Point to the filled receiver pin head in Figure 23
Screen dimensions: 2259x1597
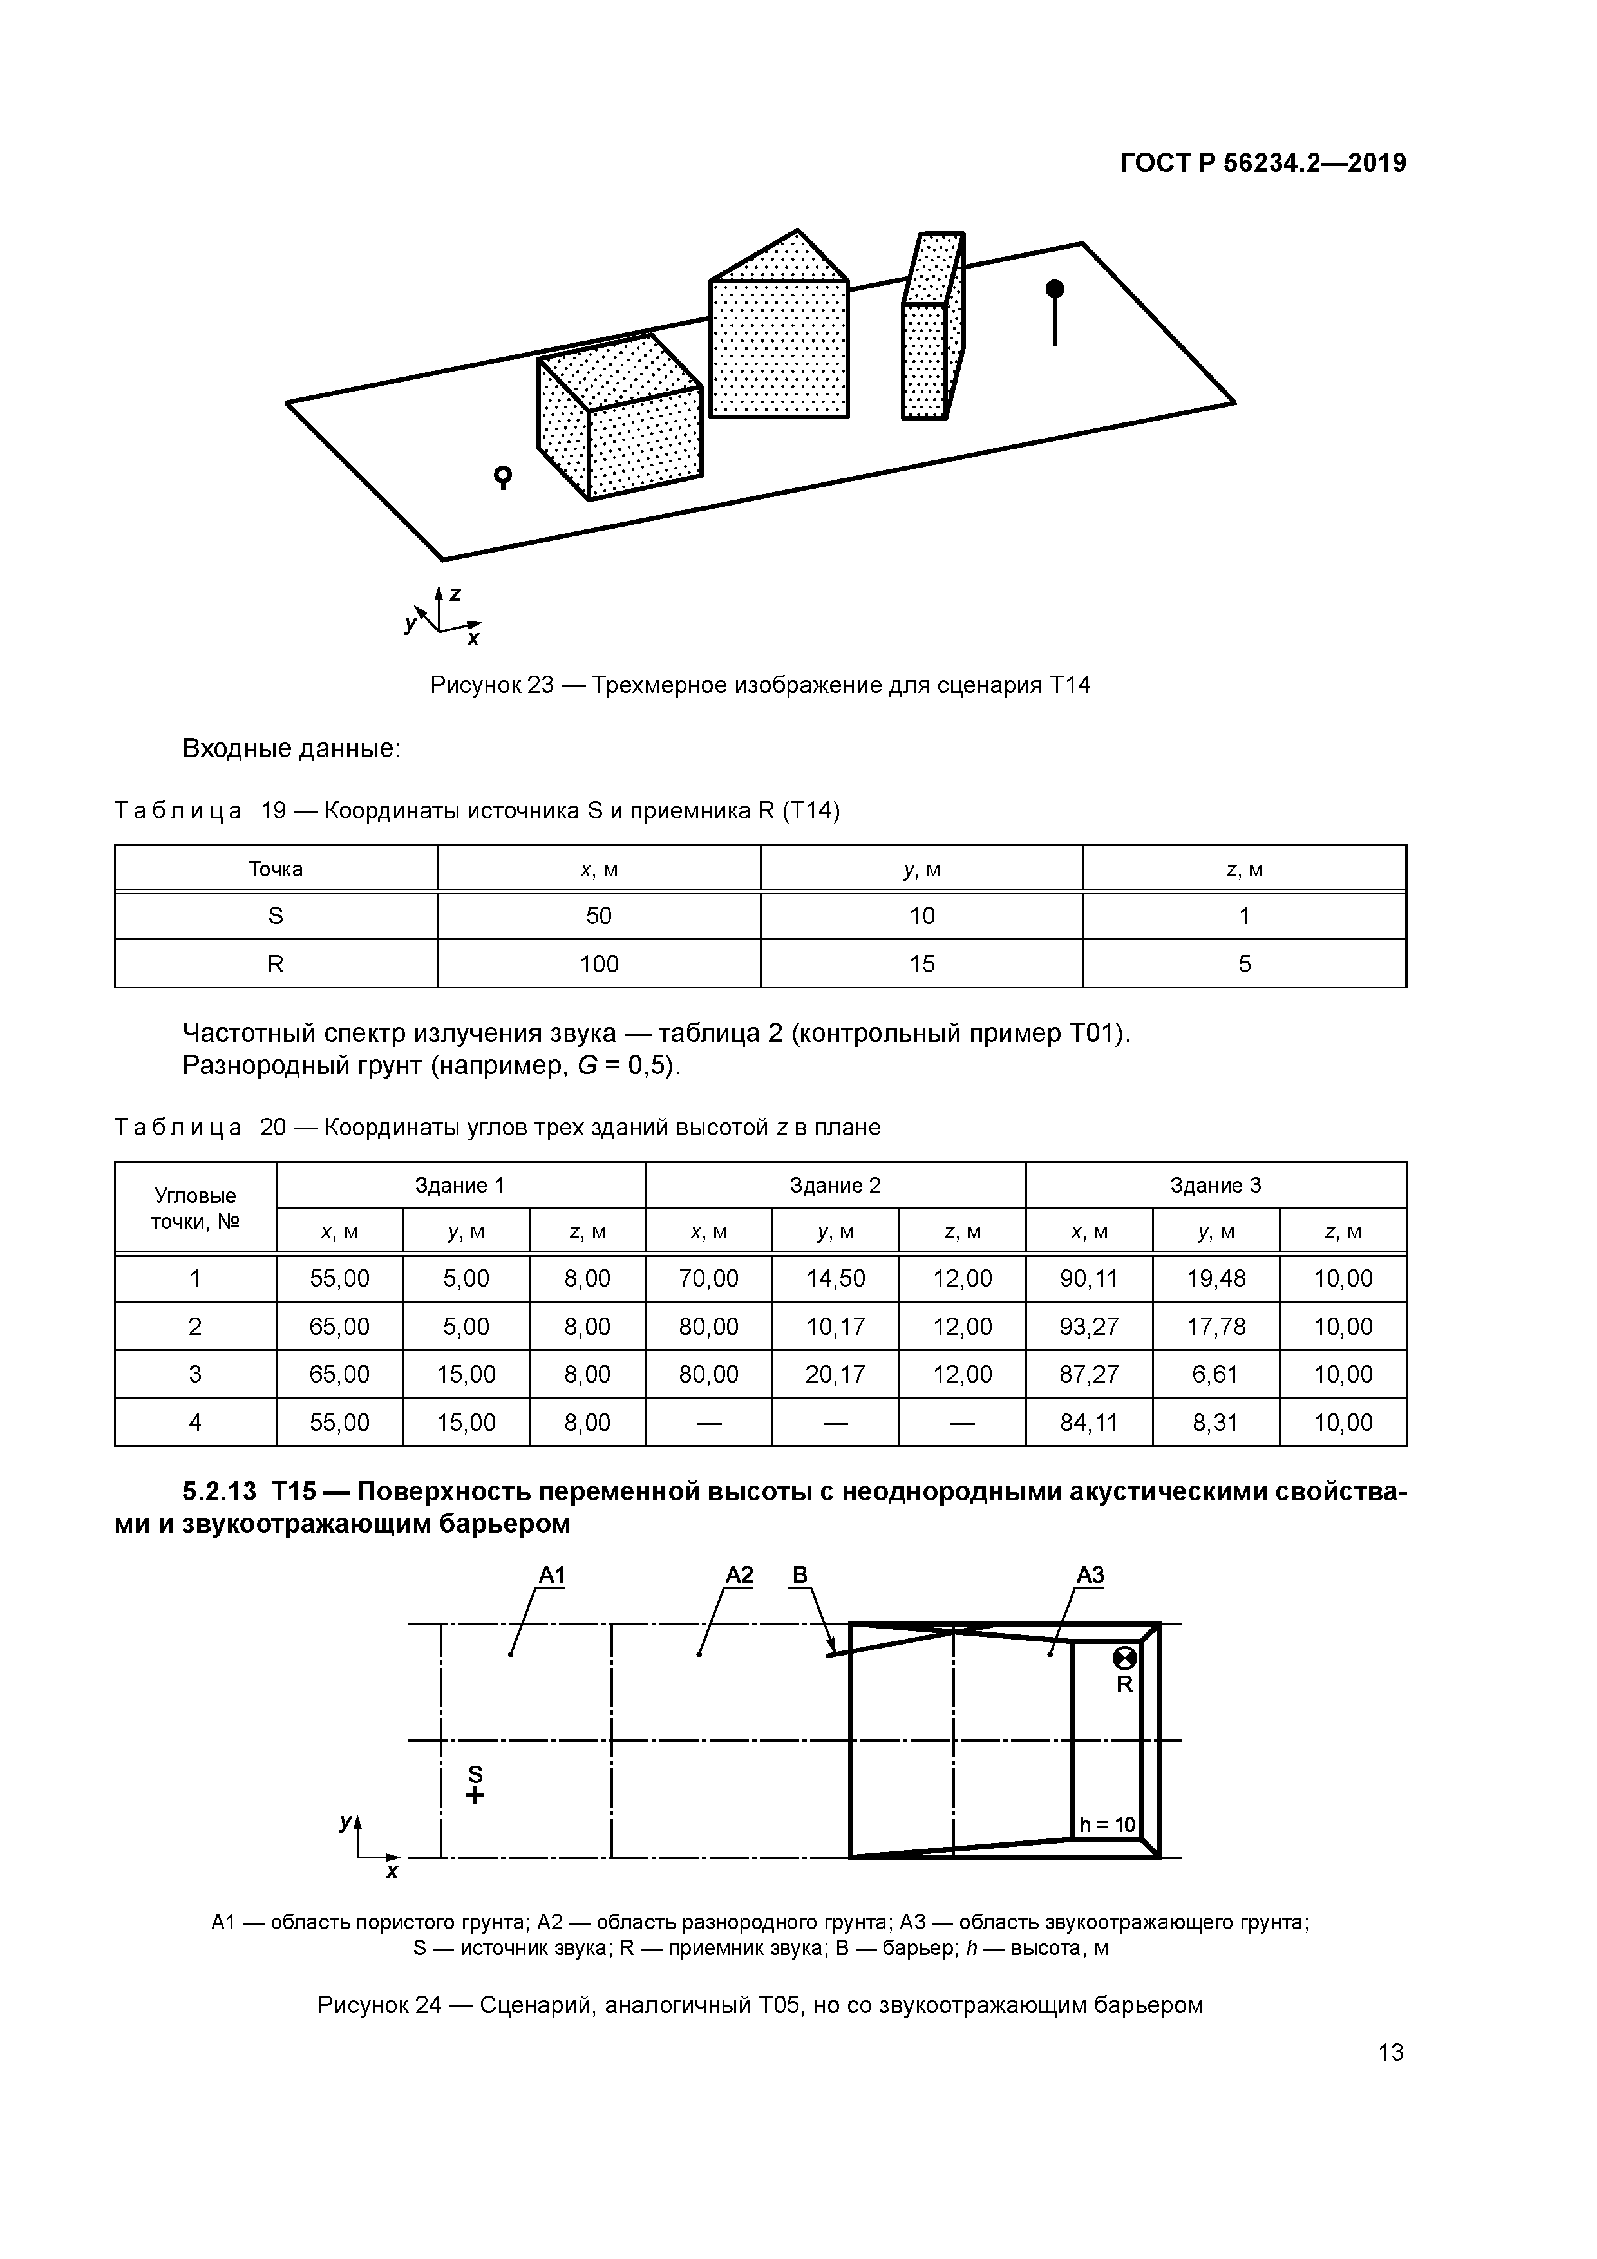pyautogui.click(x=1055, y=289)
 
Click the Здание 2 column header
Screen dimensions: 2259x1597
pyautogui.click(x=835, y=1186)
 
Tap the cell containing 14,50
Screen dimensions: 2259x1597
pyautogui.click(x=835, y=1278)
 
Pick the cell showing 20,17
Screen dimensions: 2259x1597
pyautogui.click(x=835, y=1374)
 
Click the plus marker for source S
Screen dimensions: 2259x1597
pyautogui.click(x=475, y=1795)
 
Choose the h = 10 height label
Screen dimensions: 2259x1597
pyautogui.click(x=1107, y=1825)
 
